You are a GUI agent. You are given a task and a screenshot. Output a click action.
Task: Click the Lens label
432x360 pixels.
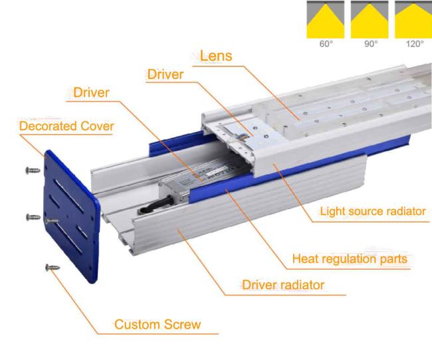216,56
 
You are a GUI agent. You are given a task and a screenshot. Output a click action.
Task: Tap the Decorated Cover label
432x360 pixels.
66,126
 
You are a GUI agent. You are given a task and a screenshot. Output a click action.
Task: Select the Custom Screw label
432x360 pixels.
158,324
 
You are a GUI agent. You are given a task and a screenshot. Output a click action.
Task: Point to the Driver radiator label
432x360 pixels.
283,285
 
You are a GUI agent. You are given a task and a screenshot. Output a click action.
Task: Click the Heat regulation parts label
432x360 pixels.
350,259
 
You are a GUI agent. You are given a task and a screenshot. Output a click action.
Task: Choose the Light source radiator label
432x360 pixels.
373,211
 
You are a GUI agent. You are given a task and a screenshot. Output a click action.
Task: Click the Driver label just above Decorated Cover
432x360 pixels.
91,92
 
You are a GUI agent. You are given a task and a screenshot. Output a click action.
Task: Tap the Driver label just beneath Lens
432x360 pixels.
165,74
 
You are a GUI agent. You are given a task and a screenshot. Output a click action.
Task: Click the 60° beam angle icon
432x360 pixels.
326,19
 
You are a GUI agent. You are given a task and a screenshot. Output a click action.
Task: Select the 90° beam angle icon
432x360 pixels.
370,19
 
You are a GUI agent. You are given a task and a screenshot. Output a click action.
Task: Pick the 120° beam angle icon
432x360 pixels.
413,19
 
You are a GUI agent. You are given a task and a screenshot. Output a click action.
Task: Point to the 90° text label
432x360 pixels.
371,44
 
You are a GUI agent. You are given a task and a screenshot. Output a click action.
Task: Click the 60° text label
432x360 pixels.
326,44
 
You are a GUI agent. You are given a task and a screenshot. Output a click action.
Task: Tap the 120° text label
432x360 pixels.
415,44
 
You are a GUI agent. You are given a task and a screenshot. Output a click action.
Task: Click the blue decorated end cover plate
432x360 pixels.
72,217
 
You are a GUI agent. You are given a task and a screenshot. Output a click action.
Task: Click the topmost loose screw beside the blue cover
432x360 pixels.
33,171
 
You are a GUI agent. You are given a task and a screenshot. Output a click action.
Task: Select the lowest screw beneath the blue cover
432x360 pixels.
53,268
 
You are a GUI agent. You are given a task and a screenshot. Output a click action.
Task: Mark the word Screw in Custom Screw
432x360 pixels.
183,324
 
